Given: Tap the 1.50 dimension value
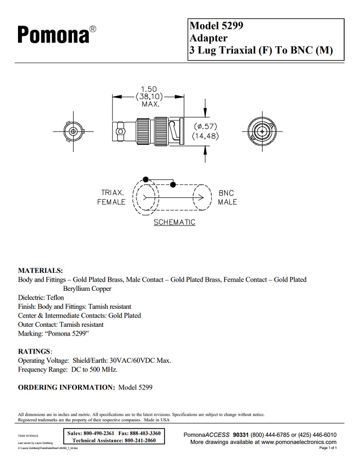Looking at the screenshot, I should pos(149,89).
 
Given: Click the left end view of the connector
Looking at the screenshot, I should pos(75,132).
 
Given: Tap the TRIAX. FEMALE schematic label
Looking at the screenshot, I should pos(112,198).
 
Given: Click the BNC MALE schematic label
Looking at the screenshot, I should pos(227,198).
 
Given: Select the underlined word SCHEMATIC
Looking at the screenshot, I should pos(174,222).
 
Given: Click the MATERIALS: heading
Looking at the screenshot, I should pos(41,270).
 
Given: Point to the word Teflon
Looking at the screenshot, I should pos(55,297).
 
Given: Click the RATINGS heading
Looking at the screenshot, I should pos(35,351).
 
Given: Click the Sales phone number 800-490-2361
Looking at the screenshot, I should pos(98,434).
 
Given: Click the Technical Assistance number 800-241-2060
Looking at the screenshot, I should pos(140,441).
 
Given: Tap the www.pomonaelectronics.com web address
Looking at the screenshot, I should pos(299,442).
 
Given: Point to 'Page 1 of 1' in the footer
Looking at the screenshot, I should pos(328,448).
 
